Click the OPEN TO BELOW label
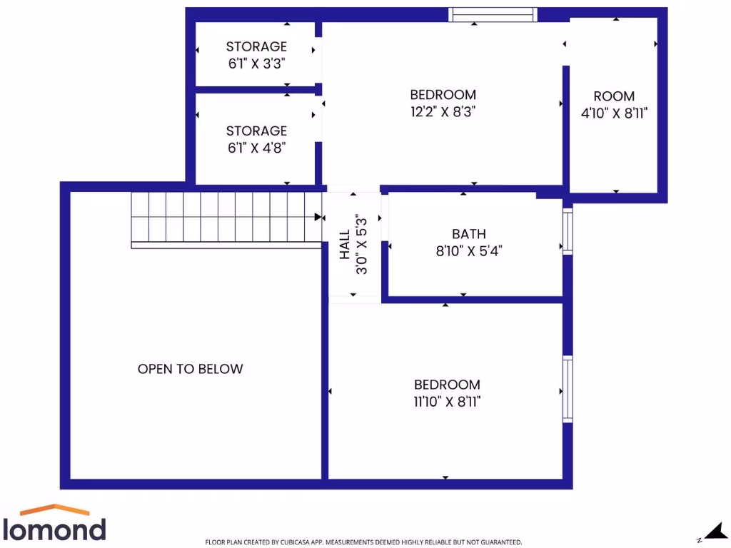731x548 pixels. pyautogui.click(x=190, y=369)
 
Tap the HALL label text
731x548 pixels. pyautogui.click(x=345, y=243)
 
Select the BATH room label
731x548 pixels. pyautogui.click(x=469, y=233)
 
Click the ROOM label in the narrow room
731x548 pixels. pyautogui.click(x=614, y=96)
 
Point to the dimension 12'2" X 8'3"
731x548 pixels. pyautogui.click(x=443, y=111)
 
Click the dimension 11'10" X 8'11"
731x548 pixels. pyautogui.click(x=447, y=402)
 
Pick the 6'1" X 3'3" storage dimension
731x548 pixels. pyautogui.click(x=257, y=63)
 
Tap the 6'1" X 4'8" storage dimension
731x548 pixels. pyautogui.click(x=257, y=148)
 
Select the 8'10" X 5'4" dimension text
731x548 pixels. pyautogui.click(x=469, y=250)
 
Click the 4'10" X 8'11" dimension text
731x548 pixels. pyautogui.click(x=614, y=113)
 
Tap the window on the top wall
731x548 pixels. pyautogui.click(x=493, y=14)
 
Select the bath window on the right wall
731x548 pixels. pyautogui.click(x=568, y=231)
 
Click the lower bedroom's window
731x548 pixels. pyautogui.click(x=568, y=389)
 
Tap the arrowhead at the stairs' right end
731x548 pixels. pyautogui.click(x=318, y=216)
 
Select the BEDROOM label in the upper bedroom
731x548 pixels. pyautogui.click(x=443, y=94)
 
